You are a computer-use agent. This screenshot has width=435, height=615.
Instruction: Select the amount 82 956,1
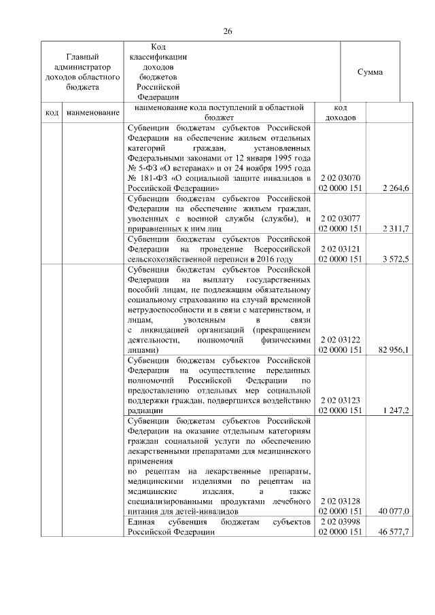pos(394,350)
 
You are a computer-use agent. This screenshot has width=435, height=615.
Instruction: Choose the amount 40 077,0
pos(394,511)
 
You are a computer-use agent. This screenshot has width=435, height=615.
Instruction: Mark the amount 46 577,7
pos(394,533)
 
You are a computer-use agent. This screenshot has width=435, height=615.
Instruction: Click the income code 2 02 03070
pos(341,177)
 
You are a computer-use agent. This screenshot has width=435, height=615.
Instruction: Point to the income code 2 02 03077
pos(341,219)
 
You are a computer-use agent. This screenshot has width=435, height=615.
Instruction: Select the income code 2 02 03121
pos(341,249)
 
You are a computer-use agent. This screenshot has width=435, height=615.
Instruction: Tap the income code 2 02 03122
pos(341,340)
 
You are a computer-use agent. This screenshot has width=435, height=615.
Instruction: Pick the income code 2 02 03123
pos(341,401)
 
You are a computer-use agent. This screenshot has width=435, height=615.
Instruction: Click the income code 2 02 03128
pos(341,501)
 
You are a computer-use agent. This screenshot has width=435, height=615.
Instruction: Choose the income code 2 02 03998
pos(341,522)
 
